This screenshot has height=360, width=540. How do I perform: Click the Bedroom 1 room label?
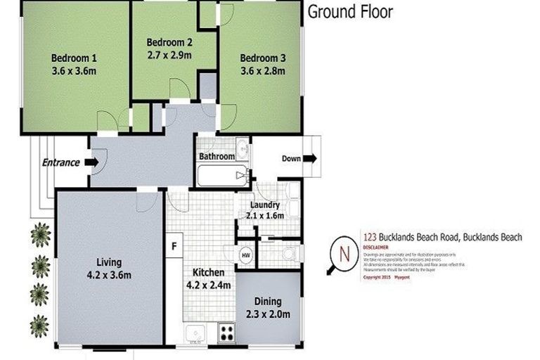(x=74, y=58)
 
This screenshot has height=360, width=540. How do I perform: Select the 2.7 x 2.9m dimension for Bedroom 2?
(x=169, y=54)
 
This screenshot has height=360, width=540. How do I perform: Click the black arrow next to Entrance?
(x=91, y=162)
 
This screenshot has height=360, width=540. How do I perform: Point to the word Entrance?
(x=60, y=162)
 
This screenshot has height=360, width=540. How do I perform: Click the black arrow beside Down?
(x=310, y=159)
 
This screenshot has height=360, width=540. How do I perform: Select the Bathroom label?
(x=216, y=156)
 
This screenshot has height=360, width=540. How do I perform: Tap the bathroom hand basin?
(x=243, y=148)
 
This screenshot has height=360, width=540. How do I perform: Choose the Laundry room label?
(x=264, y=205)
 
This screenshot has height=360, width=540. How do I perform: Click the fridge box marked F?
(x=174, y=246)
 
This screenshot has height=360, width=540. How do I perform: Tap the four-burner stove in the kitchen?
(x=227, y=331)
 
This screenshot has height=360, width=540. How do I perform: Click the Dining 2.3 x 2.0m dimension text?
(x=268, y=313)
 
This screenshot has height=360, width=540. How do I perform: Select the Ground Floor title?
(x=350, y=11)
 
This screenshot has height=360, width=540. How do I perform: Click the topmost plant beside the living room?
(x=41, y=234)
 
